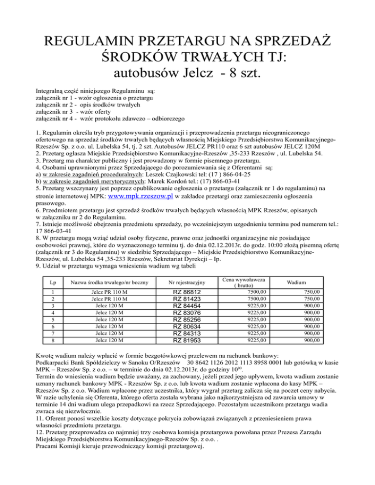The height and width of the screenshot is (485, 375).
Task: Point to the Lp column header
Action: pyautogui.click(x=46, y=283)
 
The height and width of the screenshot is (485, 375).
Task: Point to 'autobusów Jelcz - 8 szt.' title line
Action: pyautogui.click(x=187, y=74)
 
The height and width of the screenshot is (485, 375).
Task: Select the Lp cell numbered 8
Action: pyautogui.click(x=46, y=340)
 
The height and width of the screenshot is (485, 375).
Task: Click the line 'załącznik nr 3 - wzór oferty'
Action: pyautogui.click(x=81, y=112)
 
